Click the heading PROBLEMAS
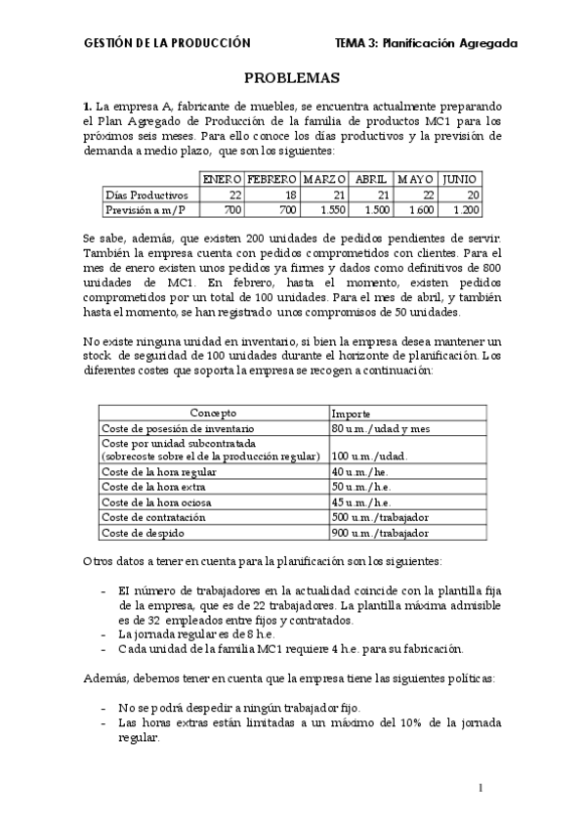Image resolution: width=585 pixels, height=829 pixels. pos(291,78)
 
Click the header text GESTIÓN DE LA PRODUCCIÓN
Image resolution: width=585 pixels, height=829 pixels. pos(167,43)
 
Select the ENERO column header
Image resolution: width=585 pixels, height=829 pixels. pos(221,180)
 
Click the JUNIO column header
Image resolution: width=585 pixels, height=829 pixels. pos(460,180)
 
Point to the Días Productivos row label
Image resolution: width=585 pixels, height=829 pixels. pos(146,195)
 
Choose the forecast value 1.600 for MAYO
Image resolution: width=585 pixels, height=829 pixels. pos(419,209)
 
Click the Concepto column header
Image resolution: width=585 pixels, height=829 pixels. pos(213,414)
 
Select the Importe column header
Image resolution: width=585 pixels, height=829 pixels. pos(351,414)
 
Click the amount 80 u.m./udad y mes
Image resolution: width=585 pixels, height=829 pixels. pos(381,428)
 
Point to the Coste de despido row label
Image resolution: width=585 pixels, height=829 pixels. pos(145,533)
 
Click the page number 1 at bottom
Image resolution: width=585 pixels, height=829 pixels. pos(481,788)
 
